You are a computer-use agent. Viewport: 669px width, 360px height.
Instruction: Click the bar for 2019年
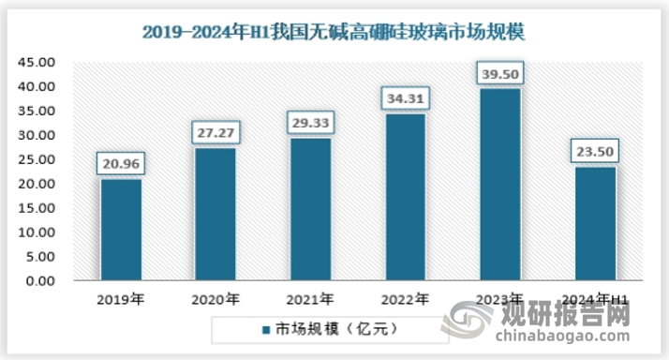121,230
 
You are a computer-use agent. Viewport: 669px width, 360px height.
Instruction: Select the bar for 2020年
216,215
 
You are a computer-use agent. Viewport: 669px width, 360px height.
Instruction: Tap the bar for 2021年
310,209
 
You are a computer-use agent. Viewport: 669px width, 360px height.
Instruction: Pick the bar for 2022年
405,197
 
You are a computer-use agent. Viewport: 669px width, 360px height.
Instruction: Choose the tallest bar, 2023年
499,185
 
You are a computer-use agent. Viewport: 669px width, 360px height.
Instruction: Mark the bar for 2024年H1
595,224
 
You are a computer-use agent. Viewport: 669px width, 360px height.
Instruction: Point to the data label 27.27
216,133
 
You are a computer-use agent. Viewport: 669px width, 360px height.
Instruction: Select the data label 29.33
310,123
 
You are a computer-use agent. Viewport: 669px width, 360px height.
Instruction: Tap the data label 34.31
405,98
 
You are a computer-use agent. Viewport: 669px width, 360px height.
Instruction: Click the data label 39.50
499,73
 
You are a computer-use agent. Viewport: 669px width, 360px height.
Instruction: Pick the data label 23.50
595,151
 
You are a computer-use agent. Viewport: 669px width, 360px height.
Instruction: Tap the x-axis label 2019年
121,300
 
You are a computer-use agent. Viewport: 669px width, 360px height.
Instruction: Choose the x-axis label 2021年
310,300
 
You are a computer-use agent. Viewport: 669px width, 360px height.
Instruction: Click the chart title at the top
334,32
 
